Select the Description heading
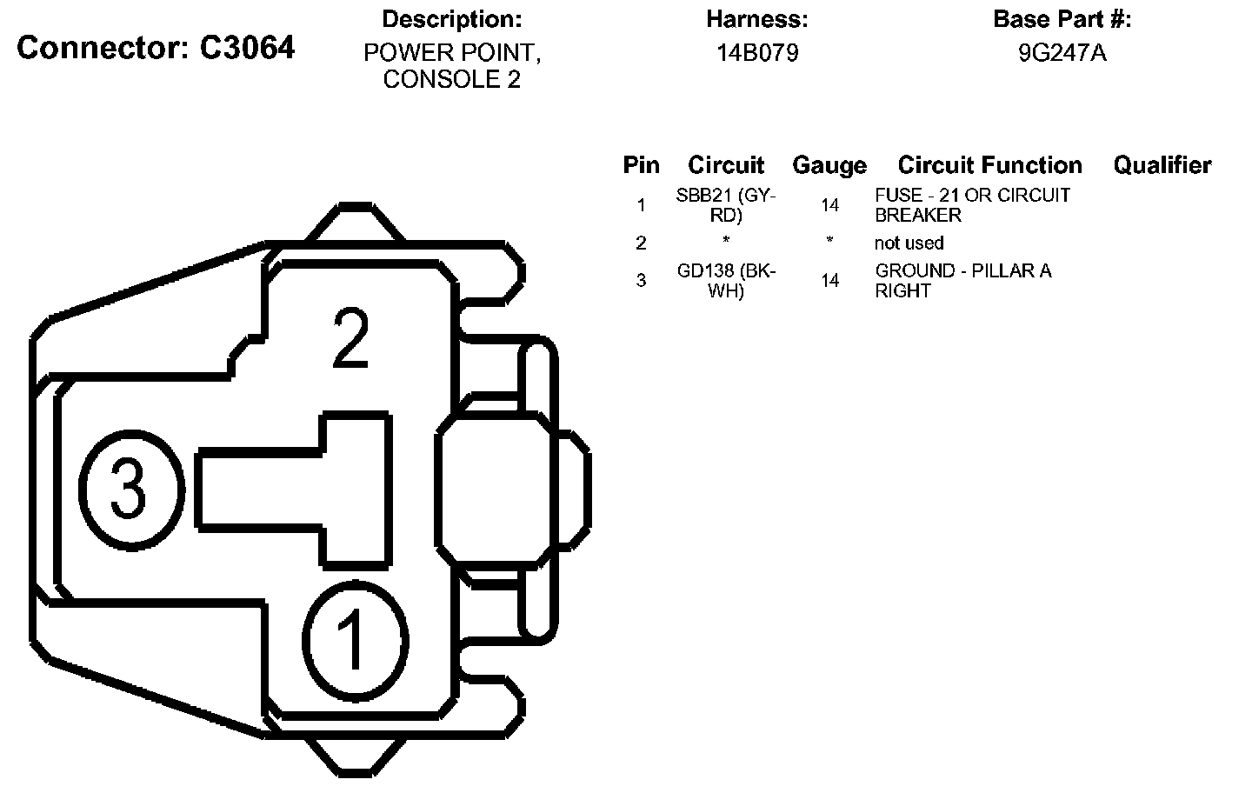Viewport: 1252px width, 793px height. pyautogui.click(x=451, y=19)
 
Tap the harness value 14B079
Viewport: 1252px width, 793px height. pyautogui.click(x=757, y=52)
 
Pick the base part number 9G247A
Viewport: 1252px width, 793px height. pyautogui.click(x=1062, y=52)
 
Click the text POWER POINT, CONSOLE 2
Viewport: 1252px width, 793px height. pyautogui.click(x=452, y=66)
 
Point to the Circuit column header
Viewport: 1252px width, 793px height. pyautogui.click(x=725, y=165)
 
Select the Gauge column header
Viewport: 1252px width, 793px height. pyautogui.click(x=829, y=165)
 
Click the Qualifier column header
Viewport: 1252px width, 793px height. pyautogui.click(x=1162, y=165)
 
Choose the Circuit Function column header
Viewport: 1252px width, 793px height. pyautogui.click(x=989, y=165)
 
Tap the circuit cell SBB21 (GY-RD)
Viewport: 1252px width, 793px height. pyautogui.click(x=725, y=205)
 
